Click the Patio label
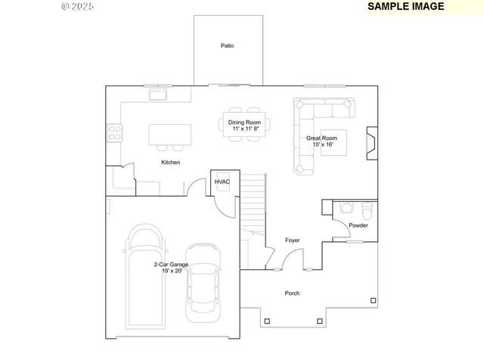227,46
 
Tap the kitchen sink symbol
159,95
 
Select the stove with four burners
114,133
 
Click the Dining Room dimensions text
244,129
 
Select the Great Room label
321,138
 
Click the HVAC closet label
222,182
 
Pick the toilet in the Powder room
346,207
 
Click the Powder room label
358,225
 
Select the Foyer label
292,240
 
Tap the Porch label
292,293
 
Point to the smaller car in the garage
203,278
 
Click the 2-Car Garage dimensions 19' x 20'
172,271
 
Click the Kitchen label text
170,163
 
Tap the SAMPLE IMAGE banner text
405,6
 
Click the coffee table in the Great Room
333,142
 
